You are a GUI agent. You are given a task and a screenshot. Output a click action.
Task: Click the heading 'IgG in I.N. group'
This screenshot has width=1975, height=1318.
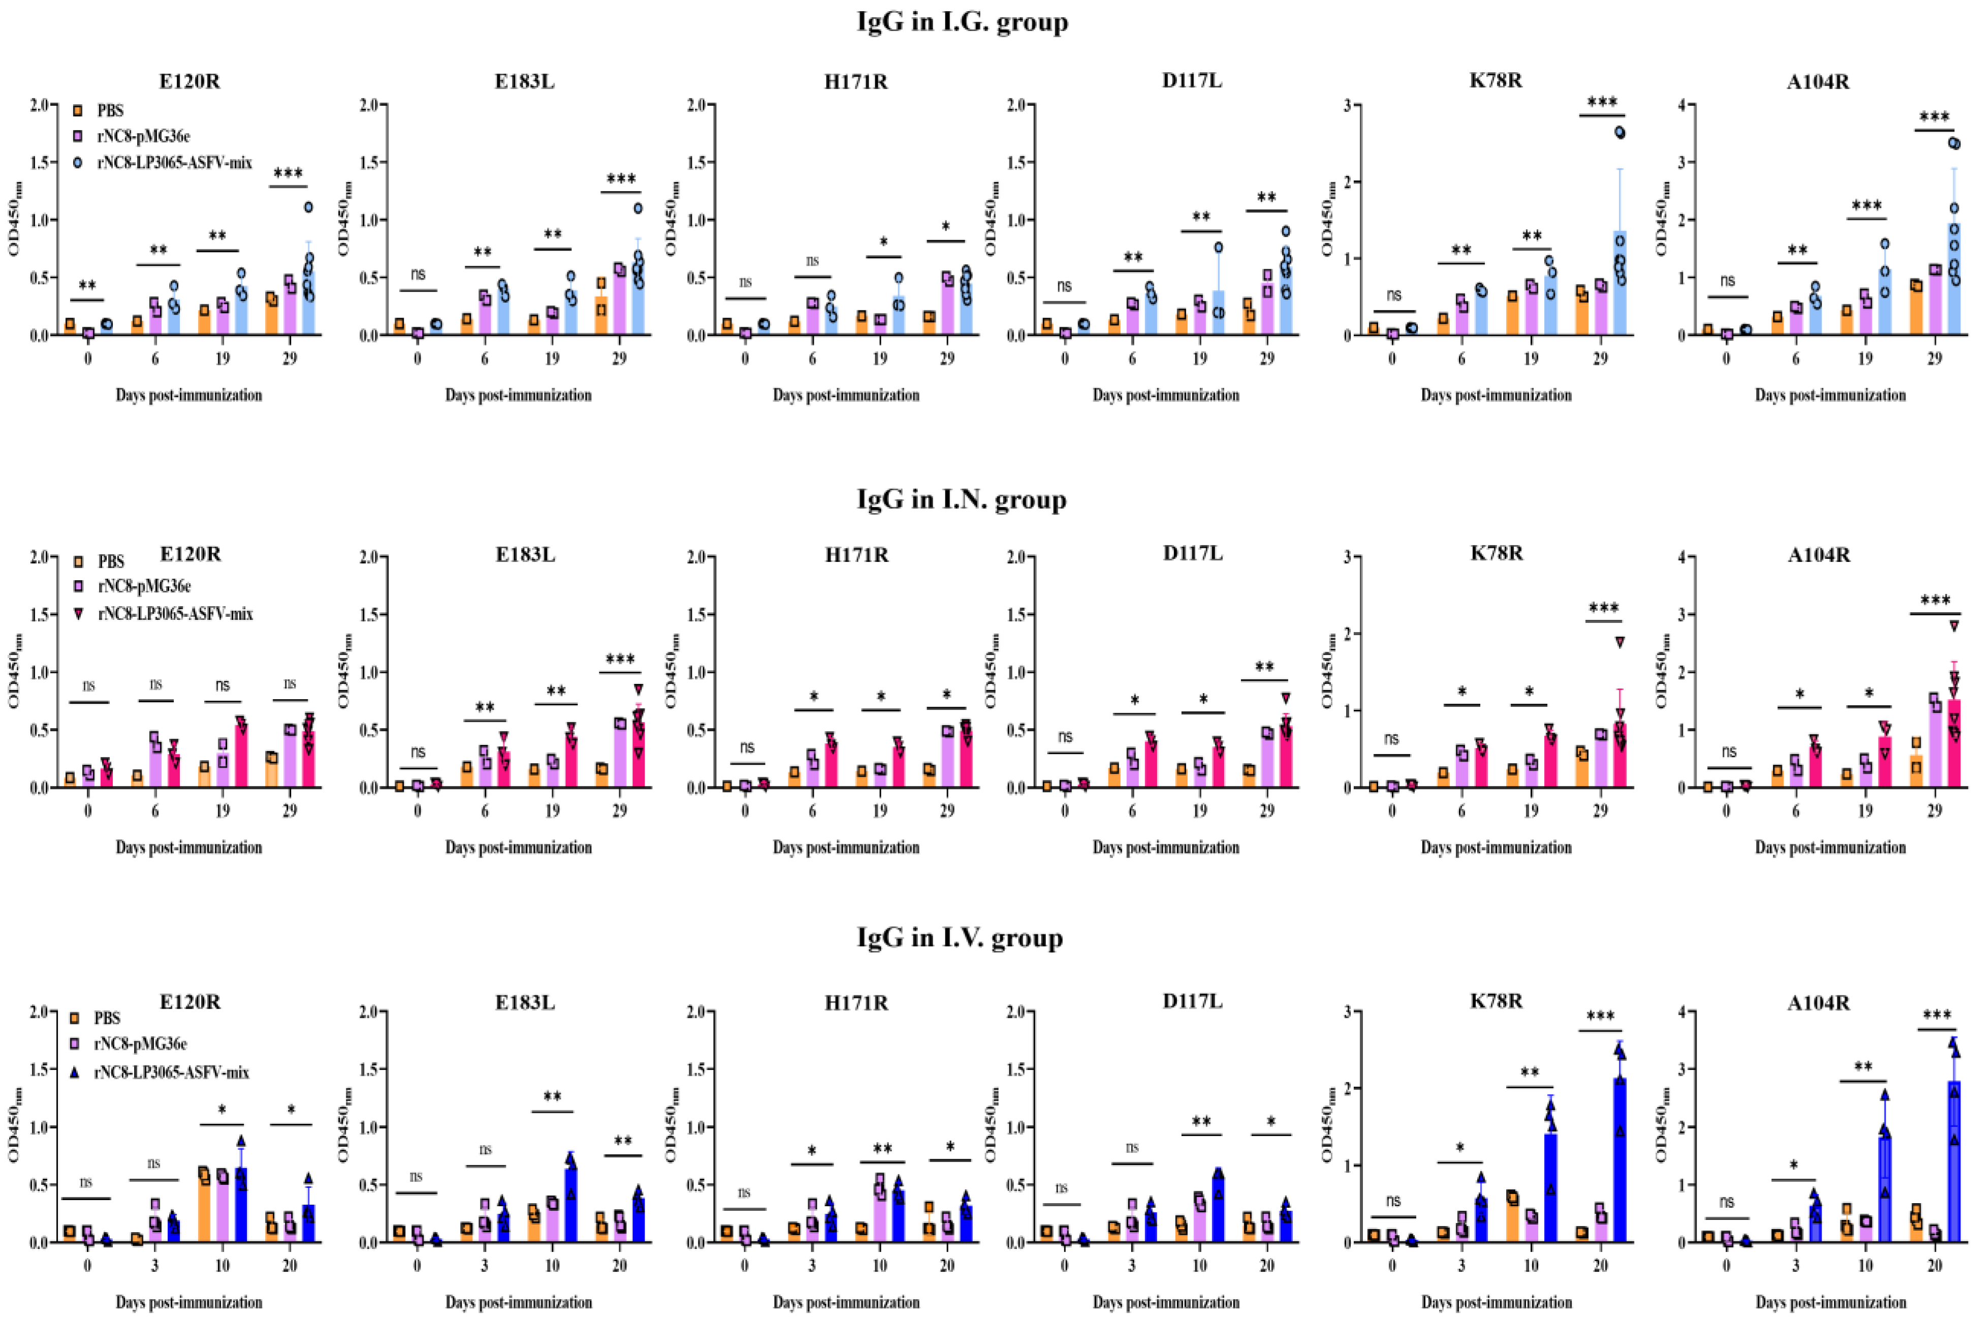[x=962, y=499]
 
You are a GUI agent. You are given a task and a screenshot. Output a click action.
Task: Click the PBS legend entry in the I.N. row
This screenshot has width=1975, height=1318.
[x=110, y=561]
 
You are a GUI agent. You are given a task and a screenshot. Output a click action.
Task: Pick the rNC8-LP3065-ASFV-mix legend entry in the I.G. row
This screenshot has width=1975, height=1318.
[x=174, y=163]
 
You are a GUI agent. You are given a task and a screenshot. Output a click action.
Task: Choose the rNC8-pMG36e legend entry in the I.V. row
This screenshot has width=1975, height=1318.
[x=140, y=1043]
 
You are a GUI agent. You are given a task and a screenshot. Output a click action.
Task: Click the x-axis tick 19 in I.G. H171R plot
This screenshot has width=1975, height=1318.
[x=879, y=358]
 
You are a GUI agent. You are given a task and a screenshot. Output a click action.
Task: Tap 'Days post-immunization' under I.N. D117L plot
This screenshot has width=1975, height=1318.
[x=1166, y=848]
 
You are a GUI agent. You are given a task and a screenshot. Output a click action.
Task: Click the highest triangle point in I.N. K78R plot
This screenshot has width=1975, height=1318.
[x=1619, y=642]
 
